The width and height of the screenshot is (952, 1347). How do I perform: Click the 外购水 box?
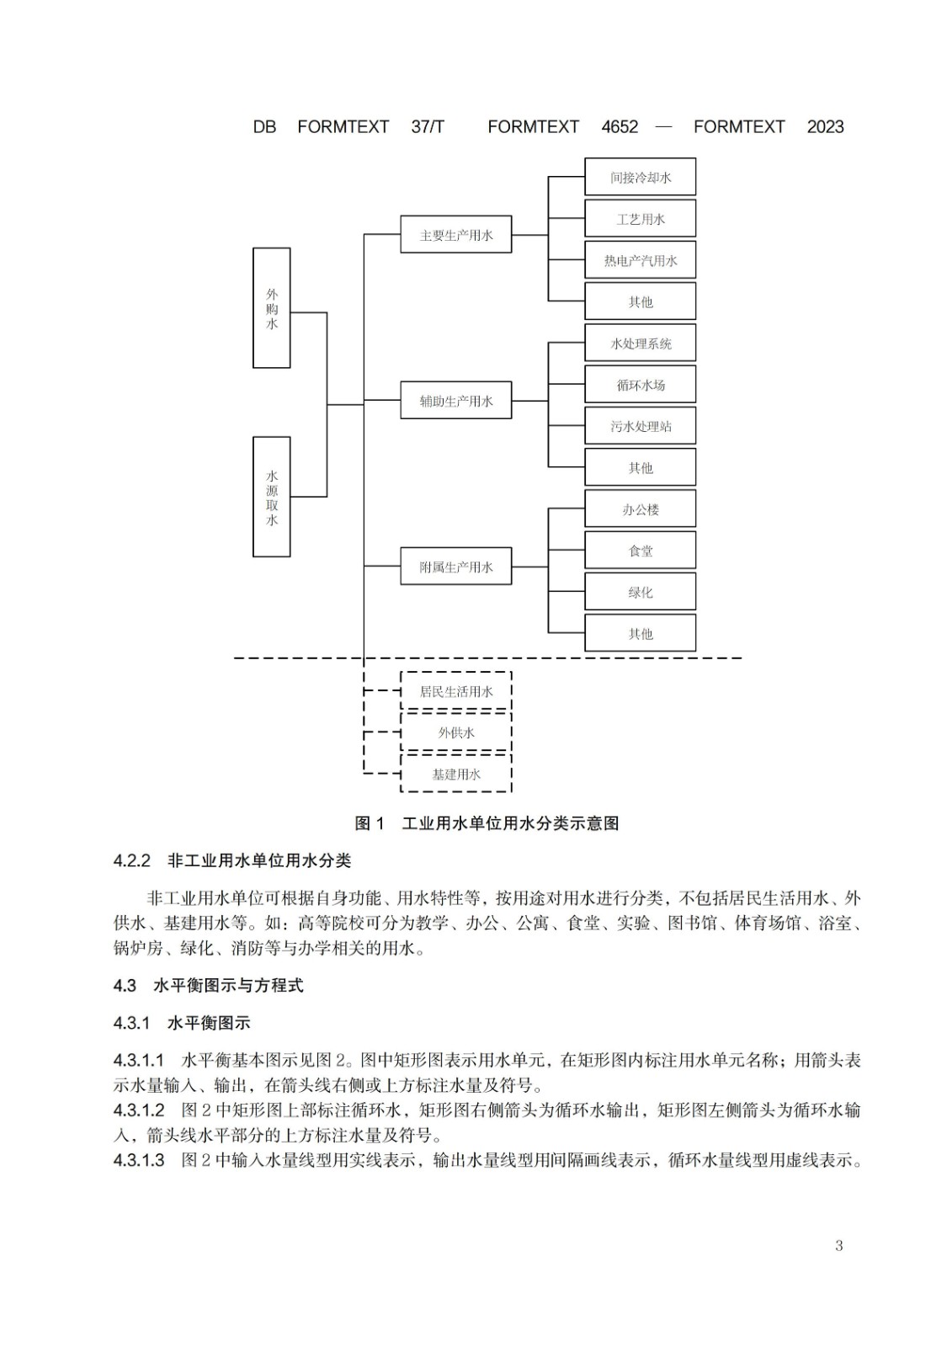271,308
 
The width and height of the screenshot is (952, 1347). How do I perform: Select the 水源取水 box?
271,497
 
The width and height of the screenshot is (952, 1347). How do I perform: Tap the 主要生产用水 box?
456,235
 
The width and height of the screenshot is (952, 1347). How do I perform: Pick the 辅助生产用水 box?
456,401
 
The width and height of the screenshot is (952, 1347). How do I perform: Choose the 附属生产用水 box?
456,567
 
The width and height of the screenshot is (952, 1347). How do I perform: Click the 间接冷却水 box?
640,177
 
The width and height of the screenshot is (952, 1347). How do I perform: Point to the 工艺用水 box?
640,218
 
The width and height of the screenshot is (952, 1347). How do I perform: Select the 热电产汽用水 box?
640,260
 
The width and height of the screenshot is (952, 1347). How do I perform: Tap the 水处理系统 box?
640,343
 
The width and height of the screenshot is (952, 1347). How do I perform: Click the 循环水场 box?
640,384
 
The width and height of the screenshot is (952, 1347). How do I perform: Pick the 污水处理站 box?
640,426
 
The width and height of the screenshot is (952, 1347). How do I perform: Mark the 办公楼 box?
640,508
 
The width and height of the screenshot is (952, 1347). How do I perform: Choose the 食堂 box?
640,551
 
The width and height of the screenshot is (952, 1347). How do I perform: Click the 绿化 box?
640,592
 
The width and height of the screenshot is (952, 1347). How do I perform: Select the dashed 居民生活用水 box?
456,691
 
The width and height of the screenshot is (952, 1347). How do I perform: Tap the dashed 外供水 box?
456,732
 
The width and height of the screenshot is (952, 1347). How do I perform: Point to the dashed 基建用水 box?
456,774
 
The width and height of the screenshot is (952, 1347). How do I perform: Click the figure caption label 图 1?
370,823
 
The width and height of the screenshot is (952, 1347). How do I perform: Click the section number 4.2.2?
131,860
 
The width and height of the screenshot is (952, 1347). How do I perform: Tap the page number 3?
839,1245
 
